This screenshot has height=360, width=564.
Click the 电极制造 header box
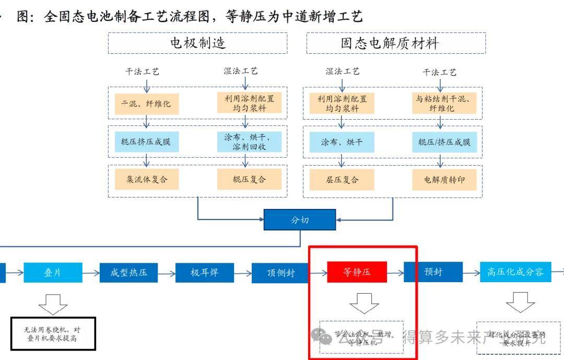197,43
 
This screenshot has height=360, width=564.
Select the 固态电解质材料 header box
396,43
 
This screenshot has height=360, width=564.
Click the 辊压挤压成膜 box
146,142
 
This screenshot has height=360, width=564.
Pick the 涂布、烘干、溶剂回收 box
249,142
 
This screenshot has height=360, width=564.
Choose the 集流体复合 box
146,179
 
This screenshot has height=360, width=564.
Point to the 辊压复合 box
249,179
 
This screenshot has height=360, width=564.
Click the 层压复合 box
342,179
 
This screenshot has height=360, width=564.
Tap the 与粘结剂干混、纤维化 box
442,103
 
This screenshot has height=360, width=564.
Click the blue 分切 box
299,220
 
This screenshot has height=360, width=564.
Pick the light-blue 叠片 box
53,272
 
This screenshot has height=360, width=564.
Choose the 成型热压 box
128,272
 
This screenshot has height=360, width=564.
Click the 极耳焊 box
204,272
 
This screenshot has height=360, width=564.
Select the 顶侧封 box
280,272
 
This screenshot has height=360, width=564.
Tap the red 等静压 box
357,272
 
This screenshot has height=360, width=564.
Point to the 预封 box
433,272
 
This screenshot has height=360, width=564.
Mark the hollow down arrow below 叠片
53,303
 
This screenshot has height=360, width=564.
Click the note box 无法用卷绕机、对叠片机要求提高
53,334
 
